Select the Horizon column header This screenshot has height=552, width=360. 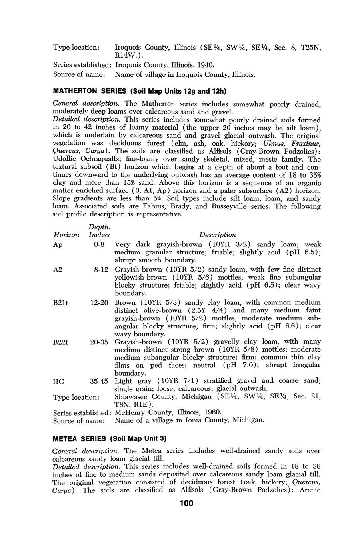coord(66,235)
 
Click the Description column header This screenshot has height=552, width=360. coord(218,235)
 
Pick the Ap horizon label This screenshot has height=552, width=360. coord(58,244)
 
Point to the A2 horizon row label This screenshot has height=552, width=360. coord(58,270)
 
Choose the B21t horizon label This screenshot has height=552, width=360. coord(60,303)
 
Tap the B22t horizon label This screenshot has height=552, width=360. coord(61,342)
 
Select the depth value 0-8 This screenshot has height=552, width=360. coord(99,244)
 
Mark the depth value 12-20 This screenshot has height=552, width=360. coord(99,303)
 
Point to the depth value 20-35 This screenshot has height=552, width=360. coord(99,342)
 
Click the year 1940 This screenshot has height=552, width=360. coord(205,64)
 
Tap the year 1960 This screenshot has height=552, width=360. coord(212,412)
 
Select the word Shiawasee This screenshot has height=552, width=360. coord(132,397)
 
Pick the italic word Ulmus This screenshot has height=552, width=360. coord(274,143)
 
